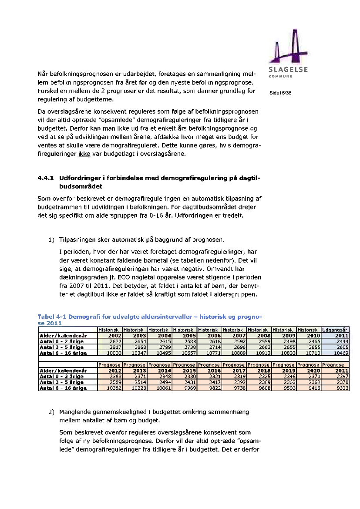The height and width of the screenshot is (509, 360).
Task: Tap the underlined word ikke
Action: [x=84, y=154]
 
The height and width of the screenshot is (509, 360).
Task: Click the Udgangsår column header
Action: [x=335, y=330]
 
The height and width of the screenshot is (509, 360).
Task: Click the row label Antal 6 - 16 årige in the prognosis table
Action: [x=63, y=388]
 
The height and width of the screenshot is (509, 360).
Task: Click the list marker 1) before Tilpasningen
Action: [x=51, y=239]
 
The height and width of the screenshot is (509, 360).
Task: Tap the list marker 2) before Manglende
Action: [x=51, y=411]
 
